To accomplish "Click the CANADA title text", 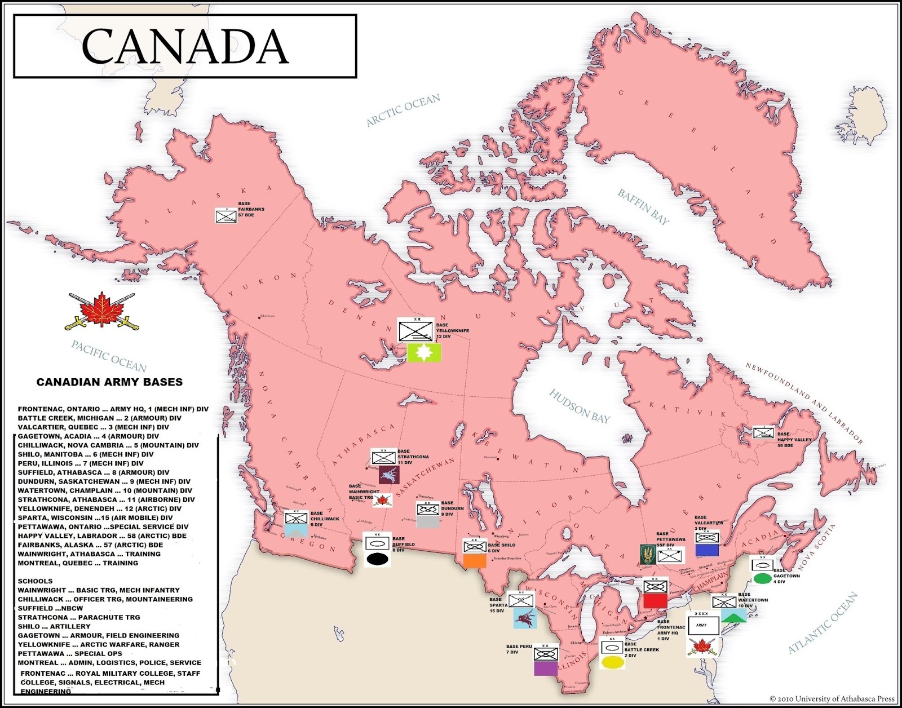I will pos(185,46).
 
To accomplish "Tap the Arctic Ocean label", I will pos(403,110).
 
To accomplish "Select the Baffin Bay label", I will pos(643,207).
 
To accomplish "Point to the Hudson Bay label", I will pos(579,406).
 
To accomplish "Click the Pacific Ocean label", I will pos(109,356).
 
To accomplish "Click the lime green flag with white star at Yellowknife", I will pos(424,353).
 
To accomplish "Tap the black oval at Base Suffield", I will pos(377,559).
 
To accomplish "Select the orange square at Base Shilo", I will pos(475,560).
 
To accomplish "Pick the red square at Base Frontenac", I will pos(655,600).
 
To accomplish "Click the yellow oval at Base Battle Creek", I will pos(612,662).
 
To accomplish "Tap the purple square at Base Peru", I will pos(545,668).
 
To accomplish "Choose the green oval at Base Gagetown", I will pos(762,578).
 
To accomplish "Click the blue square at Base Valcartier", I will pos(707,550).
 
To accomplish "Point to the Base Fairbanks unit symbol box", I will pos(226,216).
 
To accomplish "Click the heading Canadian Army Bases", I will pos(109,382).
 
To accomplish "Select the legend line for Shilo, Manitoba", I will pos(86,454).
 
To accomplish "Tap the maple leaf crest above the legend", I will pos(102,311).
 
